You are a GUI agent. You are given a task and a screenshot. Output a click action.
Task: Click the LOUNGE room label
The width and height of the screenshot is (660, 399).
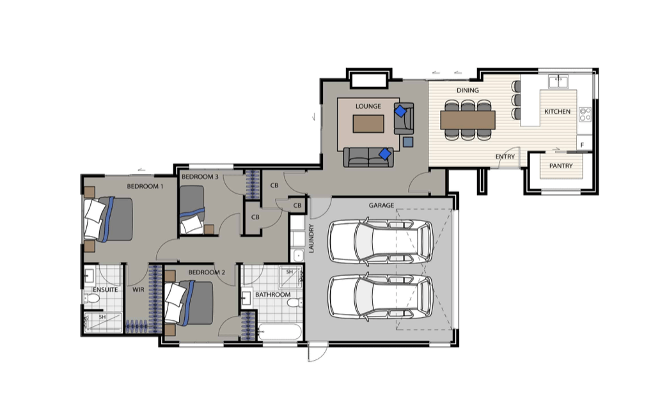pos(368,107)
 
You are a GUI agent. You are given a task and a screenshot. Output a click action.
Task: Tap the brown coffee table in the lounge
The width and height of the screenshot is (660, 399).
pos(368,124)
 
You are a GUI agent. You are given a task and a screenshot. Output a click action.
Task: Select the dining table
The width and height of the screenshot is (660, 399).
pos(467,120)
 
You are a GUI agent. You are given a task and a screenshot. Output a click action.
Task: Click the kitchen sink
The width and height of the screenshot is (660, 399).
pos(558,81)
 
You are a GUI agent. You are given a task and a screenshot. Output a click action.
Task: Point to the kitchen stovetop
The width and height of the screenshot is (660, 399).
pos(585,114)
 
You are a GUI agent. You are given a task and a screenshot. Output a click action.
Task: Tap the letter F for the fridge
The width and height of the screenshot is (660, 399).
pos(582,145)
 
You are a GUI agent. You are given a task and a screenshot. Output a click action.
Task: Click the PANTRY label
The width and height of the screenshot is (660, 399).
pos(561,166)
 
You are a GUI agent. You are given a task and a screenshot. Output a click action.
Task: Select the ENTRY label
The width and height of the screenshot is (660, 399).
pos(505,157)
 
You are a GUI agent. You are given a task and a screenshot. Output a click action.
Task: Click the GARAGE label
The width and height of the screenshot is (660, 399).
pos(381,205)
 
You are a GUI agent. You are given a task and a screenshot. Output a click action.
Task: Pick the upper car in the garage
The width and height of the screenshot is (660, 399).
pos(381,242)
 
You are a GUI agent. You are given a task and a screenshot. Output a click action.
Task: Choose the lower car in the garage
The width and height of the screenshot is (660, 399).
pos(381,296)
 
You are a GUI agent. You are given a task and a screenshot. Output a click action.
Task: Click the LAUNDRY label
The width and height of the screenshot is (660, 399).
pos(311,239)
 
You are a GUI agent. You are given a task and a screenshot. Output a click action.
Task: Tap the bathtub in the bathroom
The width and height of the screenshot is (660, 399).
pos(280,332)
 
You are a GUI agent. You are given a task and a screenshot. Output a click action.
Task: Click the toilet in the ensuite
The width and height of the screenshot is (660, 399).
pos(91,299)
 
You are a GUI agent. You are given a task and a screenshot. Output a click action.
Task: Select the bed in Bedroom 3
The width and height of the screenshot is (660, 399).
pos(192,210)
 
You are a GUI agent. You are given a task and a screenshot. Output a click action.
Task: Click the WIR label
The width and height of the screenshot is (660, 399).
pos(139,290)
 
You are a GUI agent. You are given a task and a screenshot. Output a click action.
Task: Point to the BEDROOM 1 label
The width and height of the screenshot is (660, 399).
pos(145,186)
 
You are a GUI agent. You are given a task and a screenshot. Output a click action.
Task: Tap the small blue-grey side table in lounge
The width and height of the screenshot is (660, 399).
pos(408,142)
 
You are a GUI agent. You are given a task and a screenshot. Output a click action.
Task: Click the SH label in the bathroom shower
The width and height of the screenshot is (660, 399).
pos(290,272)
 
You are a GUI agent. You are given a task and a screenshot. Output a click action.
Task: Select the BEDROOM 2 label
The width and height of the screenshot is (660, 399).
pos(207,272)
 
